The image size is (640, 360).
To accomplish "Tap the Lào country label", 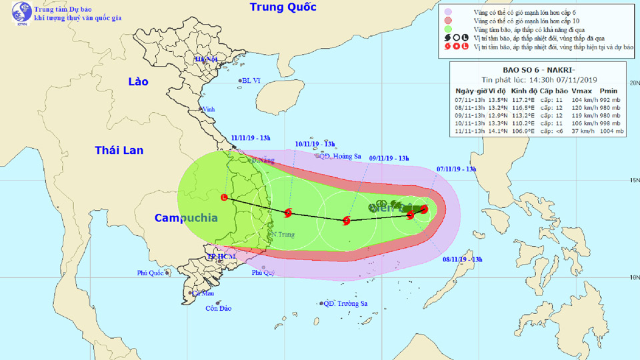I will pos(138,81).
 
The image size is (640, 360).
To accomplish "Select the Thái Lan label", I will pos(119,150).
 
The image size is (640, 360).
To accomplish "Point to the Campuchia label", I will pos(186,218).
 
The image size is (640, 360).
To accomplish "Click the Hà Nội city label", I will pos(207,59).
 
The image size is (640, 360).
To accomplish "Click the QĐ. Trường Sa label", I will pos(345,304).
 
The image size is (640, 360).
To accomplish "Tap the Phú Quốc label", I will pos(151,273).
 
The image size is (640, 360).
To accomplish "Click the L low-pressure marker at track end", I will pos(225,197).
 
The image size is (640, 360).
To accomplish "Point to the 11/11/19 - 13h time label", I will pos(251,138).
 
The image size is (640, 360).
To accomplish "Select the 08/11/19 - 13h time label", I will pos(462,259).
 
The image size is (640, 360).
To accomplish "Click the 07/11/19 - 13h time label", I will pos(457,169).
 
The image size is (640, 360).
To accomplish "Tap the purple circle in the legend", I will pos(449,11).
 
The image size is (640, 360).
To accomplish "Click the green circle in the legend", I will pos(449,30).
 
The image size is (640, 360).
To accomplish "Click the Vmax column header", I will pos(582,90).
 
